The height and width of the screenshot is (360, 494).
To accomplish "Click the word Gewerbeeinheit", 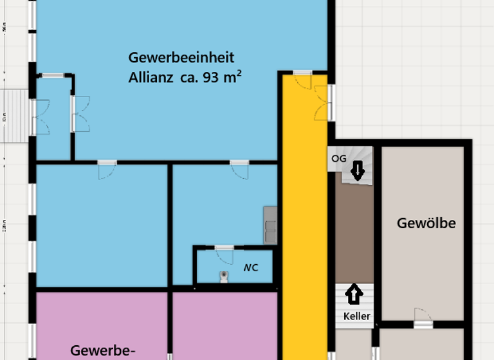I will point(181,58).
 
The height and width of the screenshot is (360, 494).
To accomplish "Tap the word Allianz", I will point(150,79).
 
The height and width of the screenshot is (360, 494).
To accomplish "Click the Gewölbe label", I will point(426,224).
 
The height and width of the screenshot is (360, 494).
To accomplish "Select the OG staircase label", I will point(338,158).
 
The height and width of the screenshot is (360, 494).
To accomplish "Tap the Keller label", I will point(356,316).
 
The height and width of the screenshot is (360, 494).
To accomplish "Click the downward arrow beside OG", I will point(358,171).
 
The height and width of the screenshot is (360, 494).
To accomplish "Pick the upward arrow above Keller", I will point(354,295).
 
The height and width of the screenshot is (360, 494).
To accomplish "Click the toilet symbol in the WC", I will point(223,277).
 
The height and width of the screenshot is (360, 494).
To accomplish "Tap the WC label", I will point(250,267).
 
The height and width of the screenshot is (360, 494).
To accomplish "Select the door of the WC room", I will point(224,255).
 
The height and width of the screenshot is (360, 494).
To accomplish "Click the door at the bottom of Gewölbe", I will point(423,318).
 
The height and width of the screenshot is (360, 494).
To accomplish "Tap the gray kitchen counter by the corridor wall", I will point(270,225).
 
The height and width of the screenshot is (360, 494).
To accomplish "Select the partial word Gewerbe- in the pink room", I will point(103,350).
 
